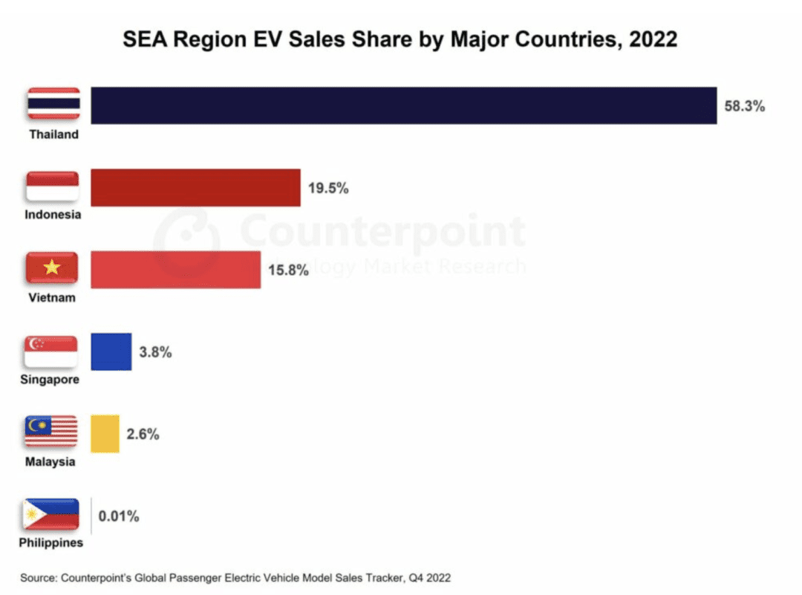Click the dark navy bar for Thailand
403,105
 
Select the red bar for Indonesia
195,188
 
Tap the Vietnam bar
175,270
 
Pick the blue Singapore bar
111,352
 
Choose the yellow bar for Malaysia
105,434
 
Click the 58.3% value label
744,106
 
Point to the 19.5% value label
328,188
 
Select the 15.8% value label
288,270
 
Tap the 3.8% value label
155,352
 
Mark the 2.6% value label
143,434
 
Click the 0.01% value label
119,516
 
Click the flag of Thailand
53,105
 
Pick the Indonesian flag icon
53,186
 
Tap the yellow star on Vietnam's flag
52,267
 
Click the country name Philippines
51,543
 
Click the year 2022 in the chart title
653,39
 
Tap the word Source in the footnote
38,577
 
